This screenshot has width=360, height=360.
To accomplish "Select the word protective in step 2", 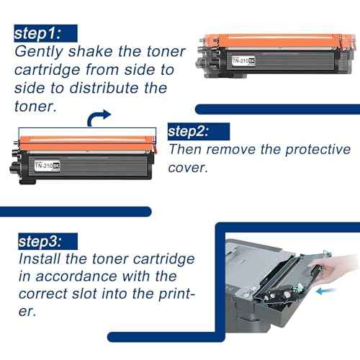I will [300, 150].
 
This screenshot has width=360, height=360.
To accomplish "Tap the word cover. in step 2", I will [188, 168].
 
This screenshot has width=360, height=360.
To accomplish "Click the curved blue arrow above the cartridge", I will [99, 117].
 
